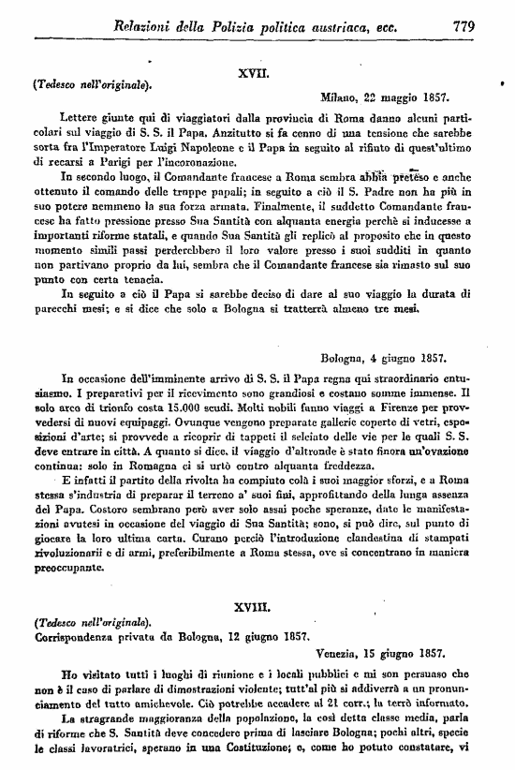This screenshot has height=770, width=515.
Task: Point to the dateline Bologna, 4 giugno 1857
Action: [x=385, y=357]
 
